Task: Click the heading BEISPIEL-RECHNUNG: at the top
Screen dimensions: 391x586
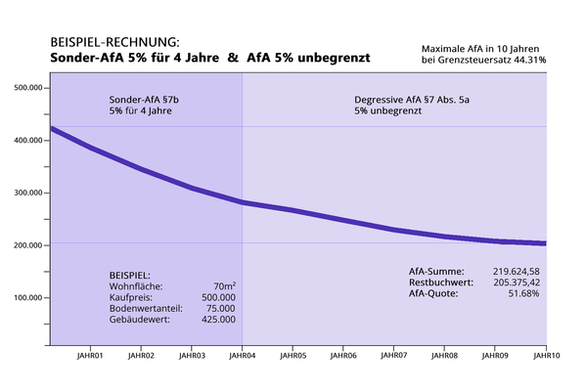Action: (113, 44)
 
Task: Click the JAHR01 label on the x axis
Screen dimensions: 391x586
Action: (89, 357)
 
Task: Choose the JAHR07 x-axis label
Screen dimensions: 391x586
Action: (393, 357)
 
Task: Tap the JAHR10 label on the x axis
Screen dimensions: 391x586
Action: (545, 357)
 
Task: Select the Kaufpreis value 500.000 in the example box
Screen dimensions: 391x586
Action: (217, 297)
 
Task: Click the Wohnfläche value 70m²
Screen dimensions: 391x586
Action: (224, 285)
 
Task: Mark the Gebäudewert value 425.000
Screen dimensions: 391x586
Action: (217, 320)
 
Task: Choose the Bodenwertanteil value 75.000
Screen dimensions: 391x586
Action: (219, 308)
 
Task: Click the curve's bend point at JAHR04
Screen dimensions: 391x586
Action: (242, 202)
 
